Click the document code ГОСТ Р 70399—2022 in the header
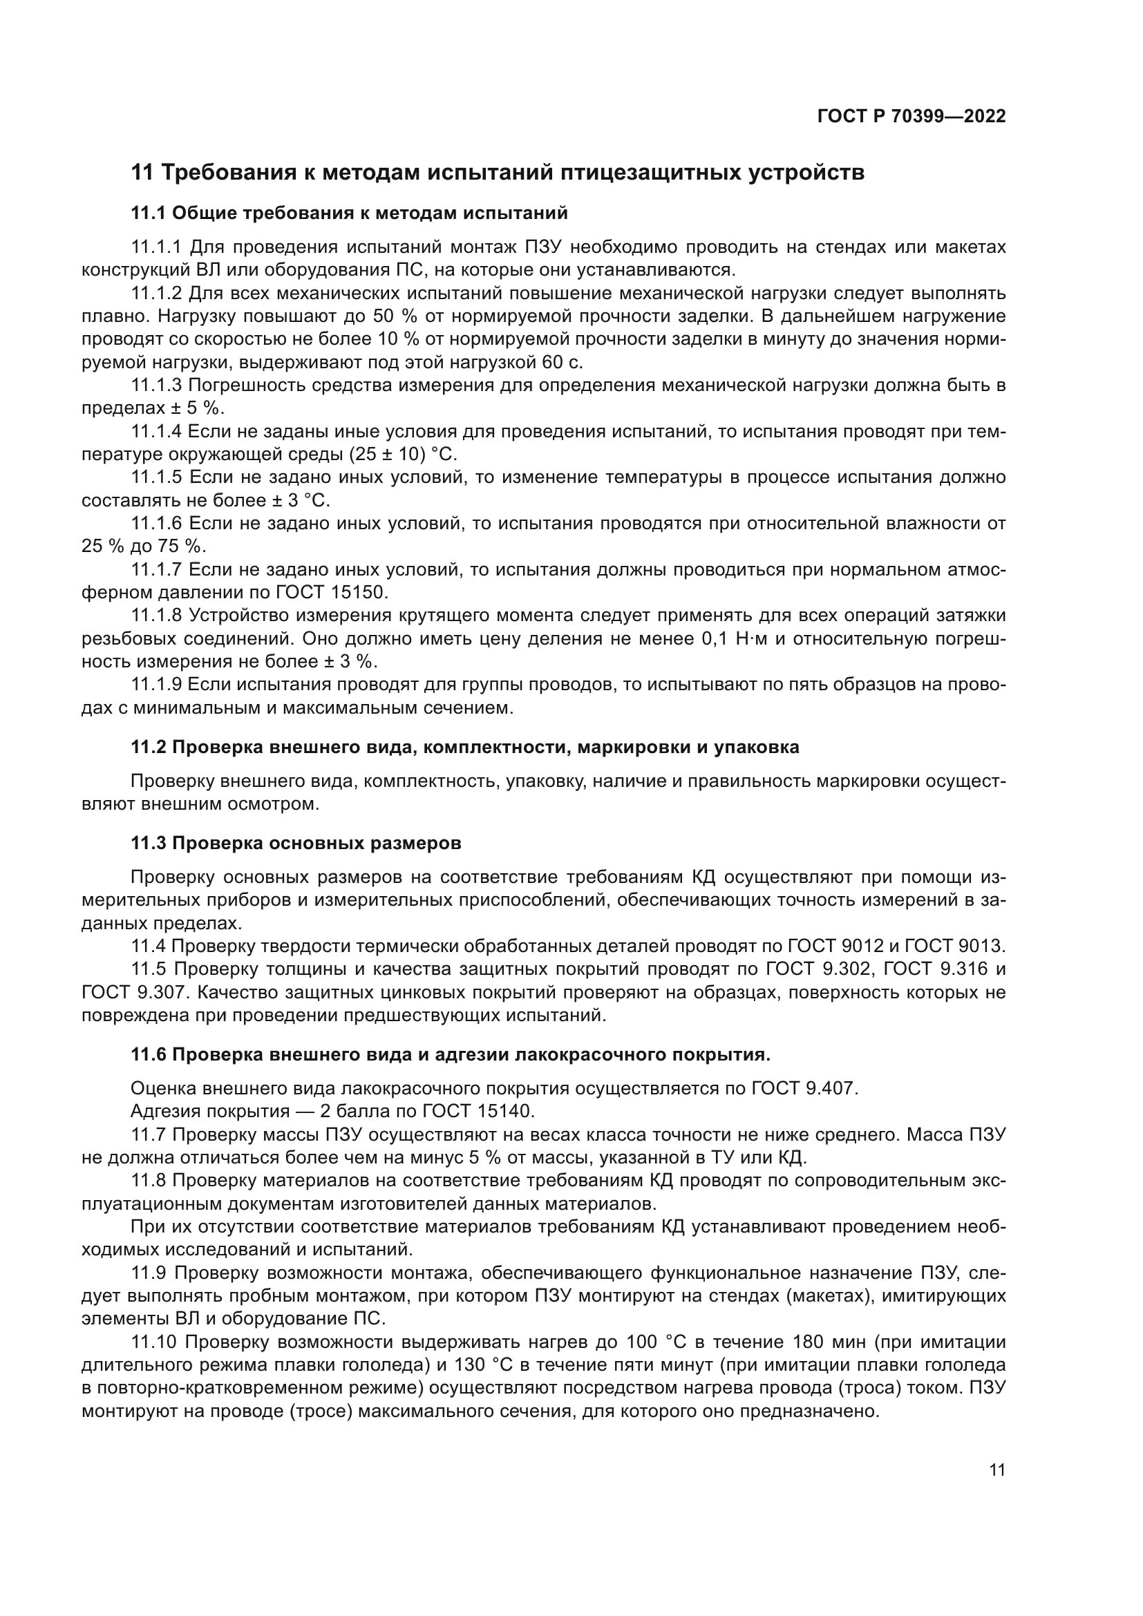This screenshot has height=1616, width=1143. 911,117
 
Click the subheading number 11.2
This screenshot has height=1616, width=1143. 148,747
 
